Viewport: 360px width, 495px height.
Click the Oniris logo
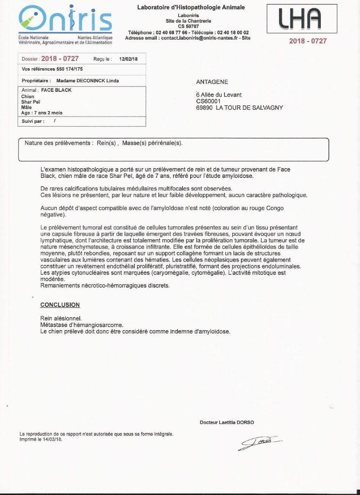click(x=65, y=19)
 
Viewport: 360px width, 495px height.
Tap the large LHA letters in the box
click(x=301, y=19)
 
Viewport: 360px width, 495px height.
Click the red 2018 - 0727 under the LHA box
click(x=308, y=41)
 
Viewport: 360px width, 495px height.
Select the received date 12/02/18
click(x=128, y=59)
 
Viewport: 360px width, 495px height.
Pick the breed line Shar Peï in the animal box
click(x=31, y=102)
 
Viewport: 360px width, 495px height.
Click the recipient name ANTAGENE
click(x=212, y=82)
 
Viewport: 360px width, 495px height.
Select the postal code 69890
click(x=204, y=108)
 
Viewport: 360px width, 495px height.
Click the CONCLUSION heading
click(x=60, y=305)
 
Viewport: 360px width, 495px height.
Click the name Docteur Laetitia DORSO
click(x=226, y=422)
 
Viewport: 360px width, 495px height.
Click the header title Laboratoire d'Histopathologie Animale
click(x=191, y=7)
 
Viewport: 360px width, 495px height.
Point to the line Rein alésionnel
click(x=61, y=318)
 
